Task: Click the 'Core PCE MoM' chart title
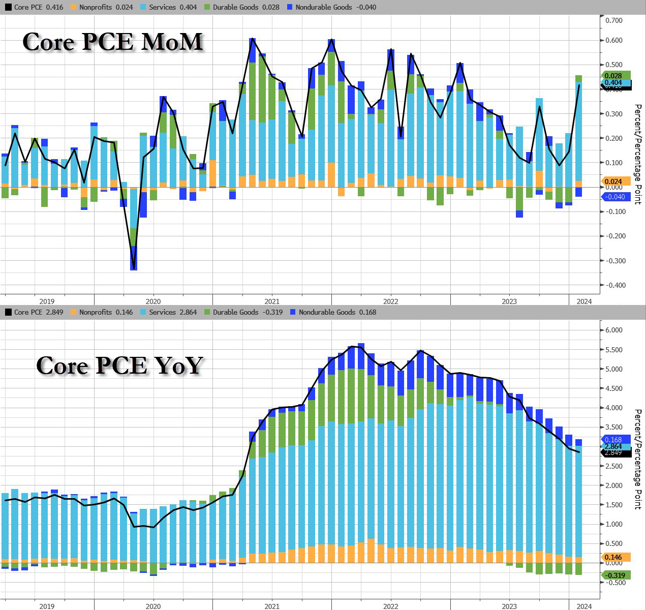pyautogui.click(x=113, y=42)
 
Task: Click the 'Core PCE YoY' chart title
pyautogui.click(x=120, y=365)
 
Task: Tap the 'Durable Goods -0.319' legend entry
pyautogui.click(x=243, y=312)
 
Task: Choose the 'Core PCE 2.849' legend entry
pyautogui.click(x=35, y=312)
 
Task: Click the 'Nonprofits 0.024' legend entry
pyautogui.click(x=102, y=7)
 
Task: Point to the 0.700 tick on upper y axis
pyautogui.click(x=614, y=20)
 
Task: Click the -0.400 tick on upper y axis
pyautogui.click(x=613, y=285)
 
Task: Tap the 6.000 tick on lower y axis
pyautogui.click(x=614, y=330)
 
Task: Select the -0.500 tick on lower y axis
pyautogui.click(x=614, y=583)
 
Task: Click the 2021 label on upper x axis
pyautogui.click(x=271, y=301)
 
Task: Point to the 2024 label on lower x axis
pyautogui.click(x=584, y=606)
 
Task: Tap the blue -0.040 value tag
pyautogui.click(x=615, y=197)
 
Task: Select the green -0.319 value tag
pyautogui.click(x=615, y=575)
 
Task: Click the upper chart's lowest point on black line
pyautogui.click(x=134, y=269)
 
